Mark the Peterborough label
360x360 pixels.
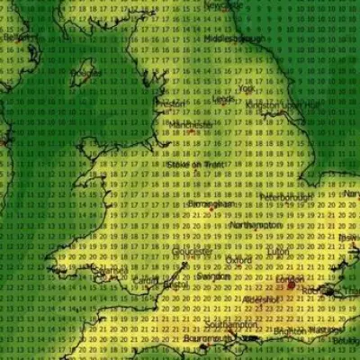[x=286, y=195]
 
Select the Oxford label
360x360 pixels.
[x=238, y=259]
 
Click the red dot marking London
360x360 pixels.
[x=290, y=285]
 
